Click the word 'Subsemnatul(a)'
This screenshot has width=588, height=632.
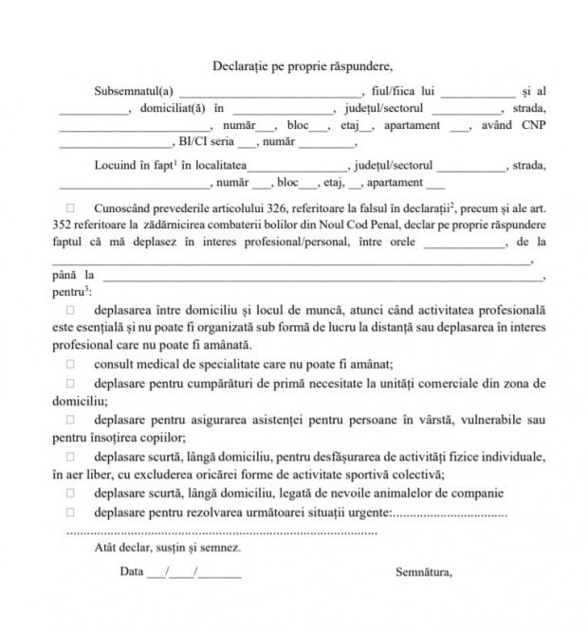134,91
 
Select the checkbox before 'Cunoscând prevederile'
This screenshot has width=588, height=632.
70,207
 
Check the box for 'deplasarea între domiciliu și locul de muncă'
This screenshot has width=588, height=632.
70,310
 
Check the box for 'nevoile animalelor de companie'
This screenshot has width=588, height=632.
70,494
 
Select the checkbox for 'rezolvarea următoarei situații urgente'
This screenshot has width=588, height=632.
70,512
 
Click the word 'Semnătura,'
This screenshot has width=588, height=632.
424,571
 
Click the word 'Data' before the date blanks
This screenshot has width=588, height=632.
132,571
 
